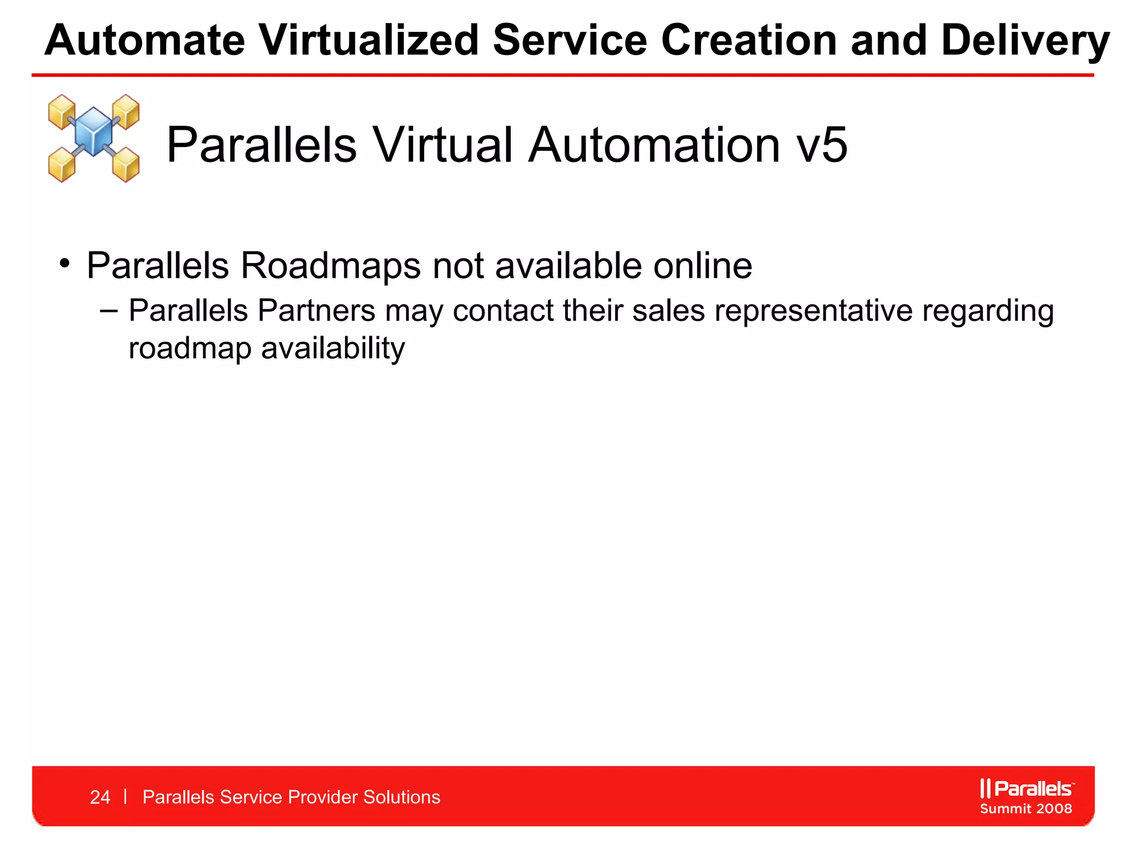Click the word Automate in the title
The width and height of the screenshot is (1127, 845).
point(144,41)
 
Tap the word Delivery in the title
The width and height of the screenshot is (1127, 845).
point(1025,41)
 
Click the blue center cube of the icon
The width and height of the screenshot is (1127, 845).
point(94,131)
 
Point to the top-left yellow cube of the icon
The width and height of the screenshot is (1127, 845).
point(61,110)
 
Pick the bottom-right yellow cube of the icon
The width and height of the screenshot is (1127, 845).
point(126,164)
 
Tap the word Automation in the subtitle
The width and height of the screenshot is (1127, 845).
point(654,145)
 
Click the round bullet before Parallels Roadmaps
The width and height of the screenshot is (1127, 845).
point(65,263)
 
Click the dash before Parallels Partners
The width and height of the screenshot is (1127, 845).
point(109,311)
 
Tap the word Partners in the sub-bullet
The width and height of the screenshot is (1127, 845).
point(316,311)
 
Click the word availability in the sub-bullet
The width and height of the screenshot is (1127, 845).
point(332,349)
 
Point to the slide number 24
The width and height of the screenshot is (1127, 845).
point(100,797)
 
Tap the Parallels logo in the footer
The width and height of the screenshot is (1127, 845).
point(1026,788)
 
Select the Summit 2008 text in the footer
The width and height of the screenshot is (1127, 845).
point(1026,809)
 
